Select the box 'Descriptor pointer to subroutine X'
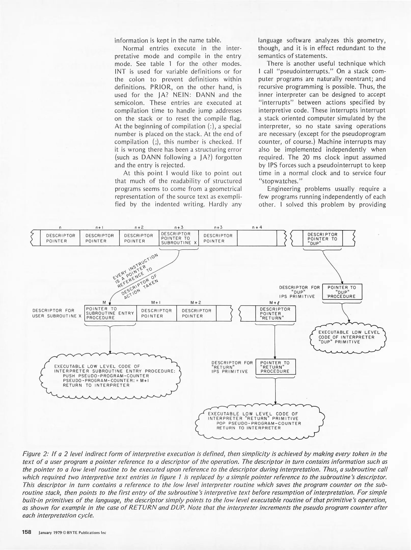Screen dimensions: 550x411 pyautogui.click(x=179, y=238)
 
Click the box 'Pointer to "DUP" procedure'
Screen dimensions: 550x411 pyautogui.click(x=342, y=292)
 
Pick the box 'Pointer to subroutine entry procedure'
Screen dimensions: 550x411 pyautogui.click(x=110, y=313)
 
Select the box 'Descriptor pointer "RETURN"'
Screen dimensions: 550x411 pyautogui.click(x=275, y=313)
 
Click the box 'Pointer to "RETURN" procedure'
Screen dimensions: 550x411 pyautogui.click(x=275, y=367)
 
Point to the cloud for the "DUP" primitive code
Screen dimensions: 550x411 pyautogui.click(x=348, y=337)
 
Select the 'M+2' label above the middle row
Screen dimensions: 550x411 pyautogui.click(x=196, y=302)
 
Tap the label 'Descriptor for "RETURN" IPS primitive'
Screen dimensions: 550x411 pyautogui.click(x=232, y=367)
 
